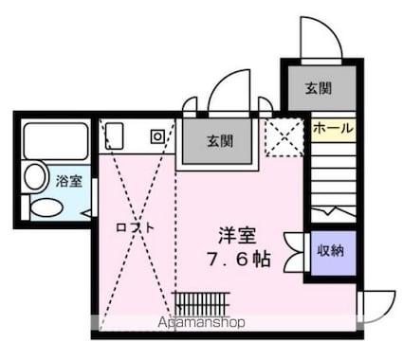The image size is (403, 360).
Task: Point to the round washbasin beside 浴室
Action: click(x=35, y=175)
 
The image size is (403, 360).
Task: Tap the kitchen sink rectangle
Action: click(x=115, y=135)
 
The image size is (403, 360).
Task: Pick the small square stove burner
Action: click(x=156, y=135)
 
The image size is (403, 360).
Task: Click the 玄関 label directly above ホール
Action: click(x=318, y=88)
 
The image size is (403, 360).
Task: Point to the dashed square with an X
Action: click(x=282, y=136)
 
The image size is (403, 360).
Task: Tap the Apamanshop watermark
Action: click(x=193, y=322)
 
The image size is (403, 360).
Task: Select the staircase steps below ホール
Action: click(x=333, y=180)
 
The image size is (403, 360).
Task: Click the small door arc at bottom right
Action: click(x=377, y=305)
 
